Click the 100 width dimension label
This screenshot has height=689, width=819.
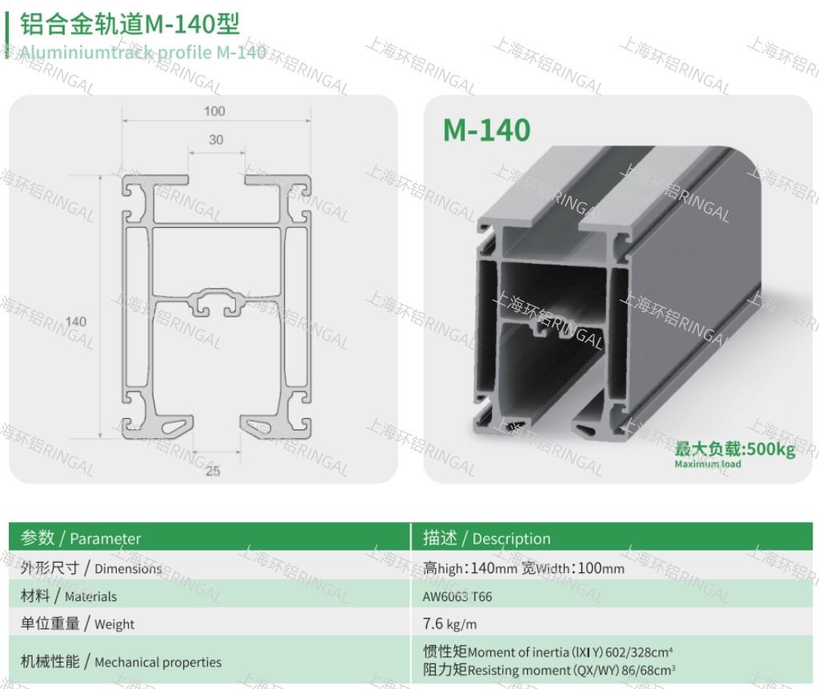[214, 111]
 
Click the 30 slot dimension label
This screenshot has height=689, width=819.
[216, 140]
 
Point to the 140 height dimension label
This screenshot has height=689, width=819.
[76, 321]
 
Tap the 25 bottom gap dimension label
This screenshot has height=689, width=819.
[213, 471]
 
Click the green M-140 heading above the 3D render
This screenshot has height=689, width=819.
[487, 130]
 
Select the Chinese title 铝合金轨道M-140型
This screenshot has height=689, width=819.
[130, 24]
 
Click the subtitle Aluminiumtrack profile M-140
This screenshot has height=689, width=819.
[143, 52]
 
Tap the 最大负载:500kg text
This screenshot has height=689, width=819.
[735, 449]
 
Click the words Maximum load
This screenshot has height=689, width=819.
[708, 464]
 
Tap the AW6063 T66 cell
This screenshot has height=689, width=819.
[457, 596]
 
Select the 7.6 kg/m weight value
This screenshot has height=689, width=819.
[449, 623]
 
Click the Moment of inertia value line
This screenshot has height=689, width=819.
[548, 652]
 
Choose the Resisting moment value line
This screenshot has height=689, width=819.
[549, 670]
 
